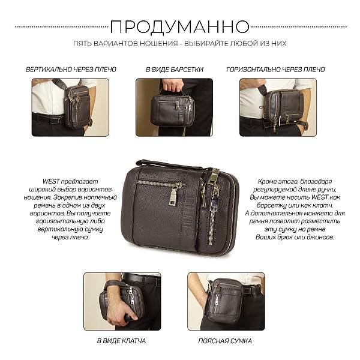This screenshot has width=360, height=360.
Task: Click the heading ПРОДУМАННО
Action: [179, 26]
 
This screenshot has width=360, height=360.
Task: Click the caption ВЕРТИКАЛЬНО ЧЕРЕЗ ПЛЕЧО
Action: [71, 70]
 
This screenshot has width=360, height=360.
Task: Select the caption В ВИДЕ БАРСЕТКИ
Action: [174, 70]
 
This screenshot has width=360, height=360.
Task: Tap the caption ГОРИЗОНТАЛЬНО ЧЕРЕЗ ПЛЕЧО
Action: [275, 70]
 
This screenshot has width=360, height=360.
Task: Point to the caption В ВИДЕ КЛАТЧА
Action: [121, 341]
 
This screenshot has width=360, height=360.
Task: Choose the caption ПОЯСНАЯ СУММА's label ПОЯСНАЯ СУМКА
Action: [225, 341]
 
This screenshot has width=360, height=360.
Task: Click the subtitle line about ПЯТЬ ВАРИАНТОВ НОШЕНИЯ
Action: [179, 44]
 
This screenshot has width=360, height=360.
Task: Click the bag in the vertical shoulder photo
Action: [77, 106]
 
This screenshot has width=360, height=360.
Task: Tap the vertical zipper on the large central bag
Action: [211, 216]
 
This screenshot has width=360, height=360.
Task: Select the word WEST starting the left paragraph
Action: [51, 181]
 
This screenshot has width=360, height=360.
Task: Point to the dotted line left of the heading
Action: [60, 27]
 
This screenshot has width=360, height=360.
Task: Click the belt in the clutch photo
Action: [142, 279]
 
